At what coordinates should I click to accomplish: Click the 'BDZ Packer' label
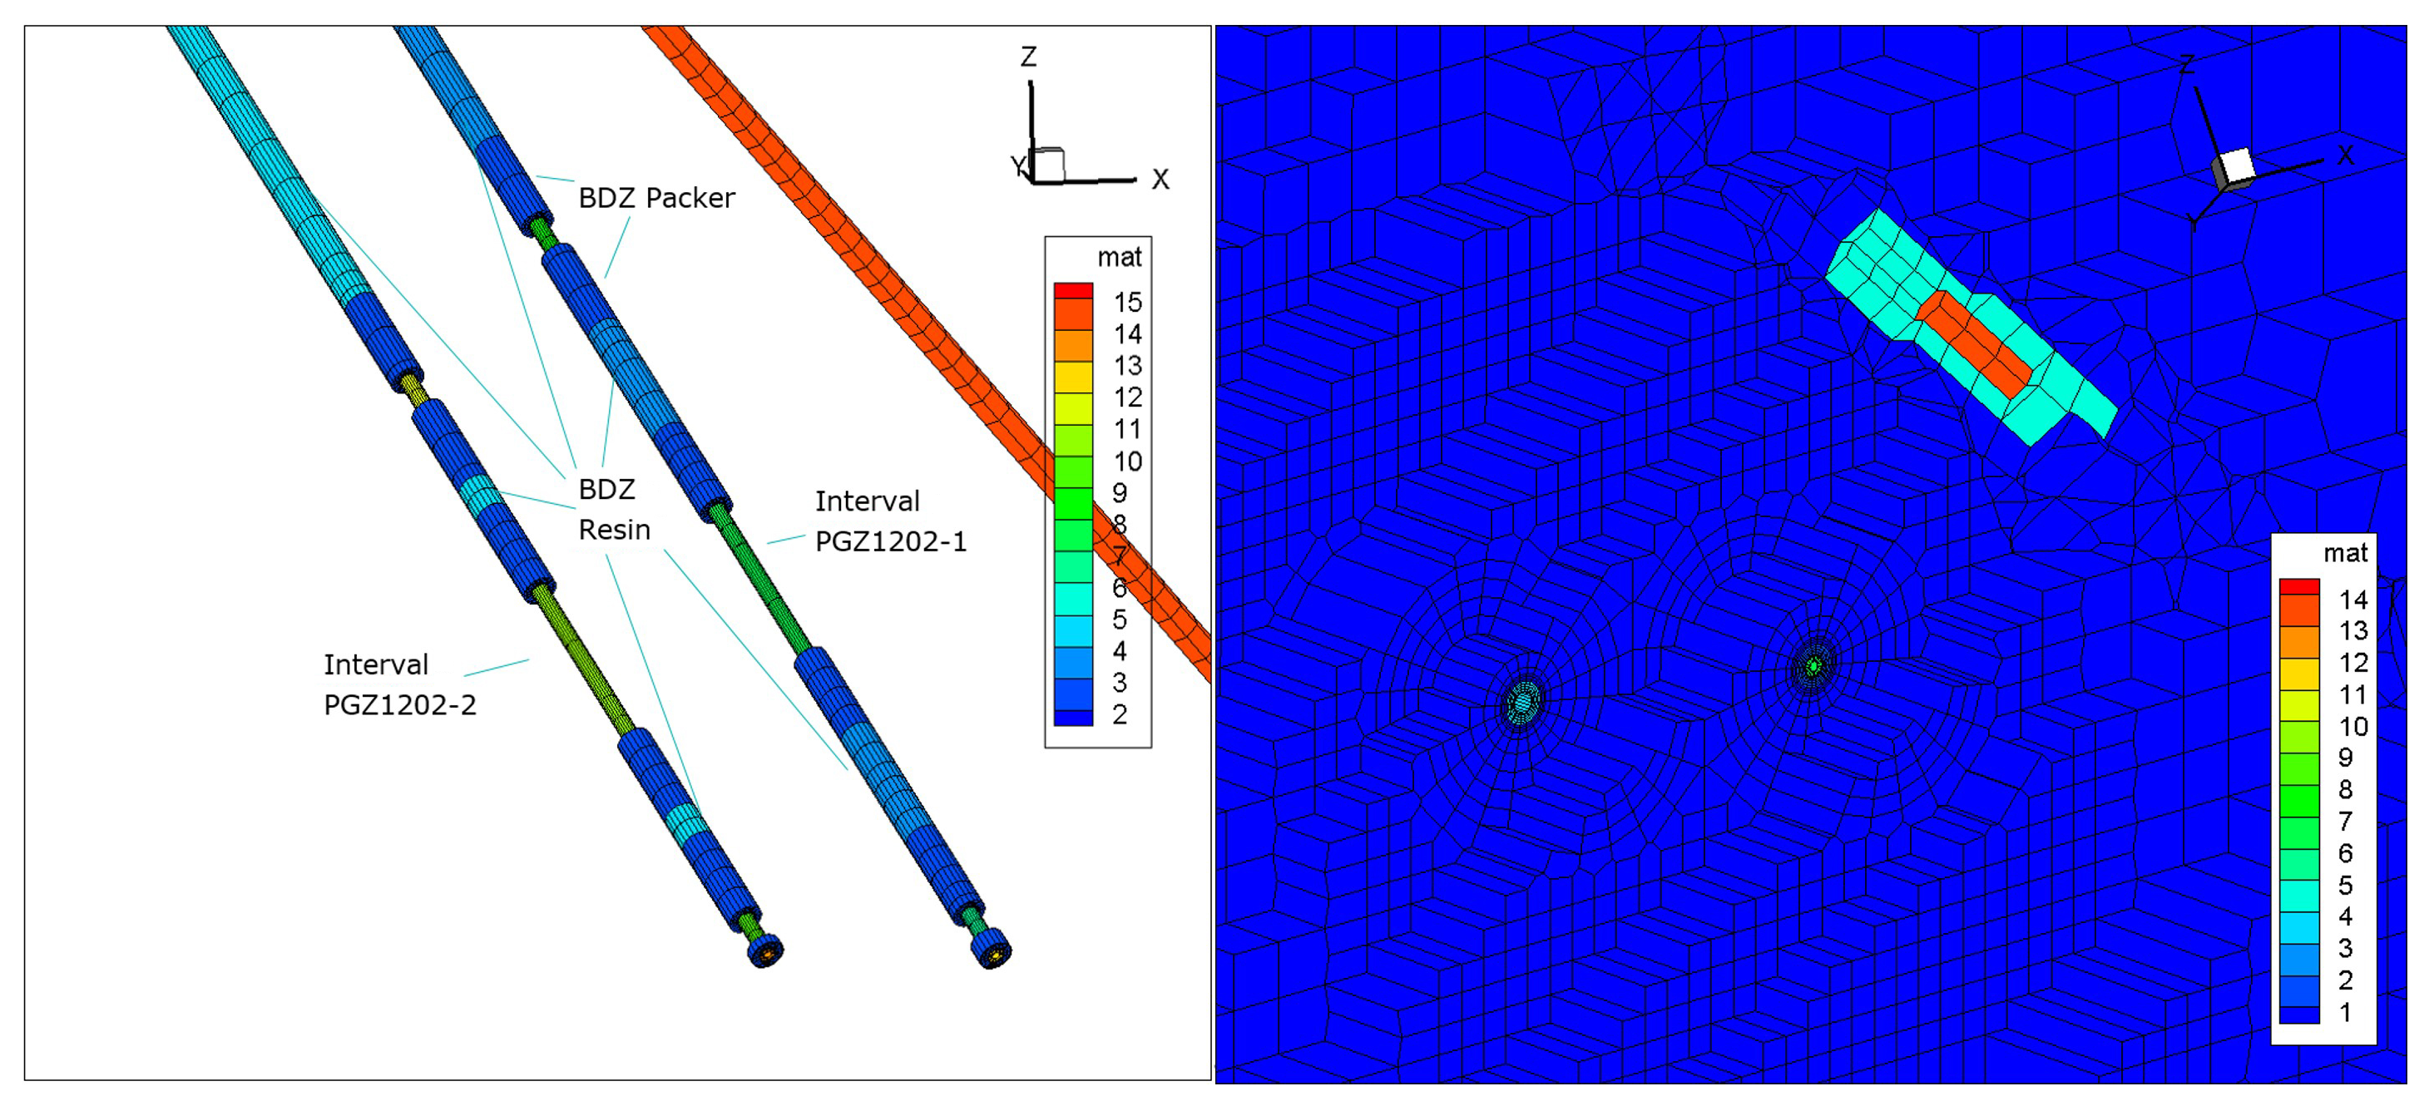[x=656, y=198]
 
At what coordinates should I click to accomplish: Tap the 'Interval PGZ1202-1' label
[x=890, y=521]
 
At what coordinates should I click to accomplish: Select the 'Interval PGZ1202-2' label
[x=400, y=684]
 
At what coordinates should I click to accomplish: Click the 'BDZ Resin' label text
[x=614, y=509]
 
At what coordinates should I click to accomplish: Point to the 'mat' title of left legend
[x=1120, y=258]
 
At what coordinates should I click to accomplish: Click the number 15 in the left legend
[x=1128, y=303]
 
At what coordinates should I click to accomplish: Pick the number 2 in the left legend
[x=1120, y=714]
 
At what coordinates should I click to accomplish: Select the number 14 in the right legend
[x=2353, y=600]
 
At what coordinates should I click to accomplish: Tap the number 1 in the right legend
[x=2345, y=1013]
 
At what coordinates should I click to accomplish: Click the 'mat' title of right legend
[x=2345, y=554]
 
